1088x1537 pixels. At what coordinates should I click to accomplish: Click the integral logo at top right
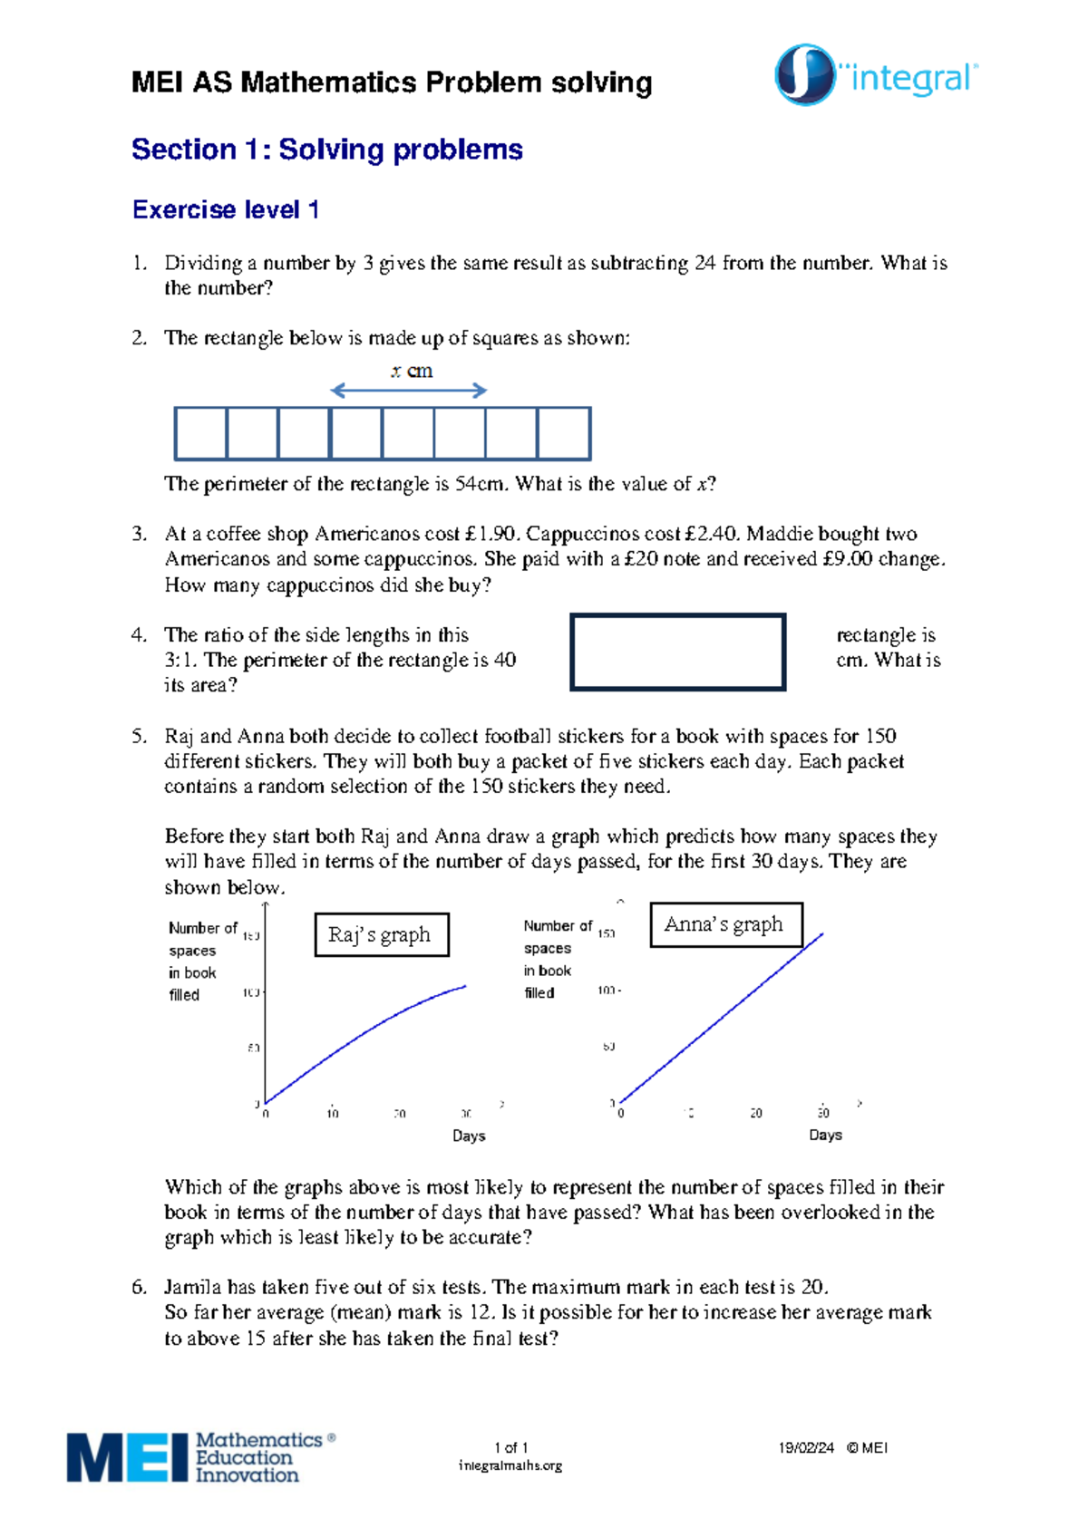pyautogui.click(x=876, y=76)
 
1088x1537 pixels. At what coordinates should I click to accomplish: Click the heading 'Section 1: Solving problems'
pyautogui.click(x=326, y=150)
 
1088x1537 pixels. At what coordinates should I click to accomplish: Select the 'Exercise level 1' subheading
pyautogui.click(x=225, y=210)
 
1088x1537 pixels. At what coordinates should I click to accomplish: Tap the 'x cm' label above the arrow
pyautogui.click(x=412, y=371)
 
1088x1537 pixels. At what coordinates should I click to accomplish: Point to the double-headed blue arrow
pyautogui.click(x=409, y=391)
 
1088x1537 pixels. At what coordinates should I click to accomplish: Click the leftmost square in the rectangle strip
pyautogui.click(x=200, y=434)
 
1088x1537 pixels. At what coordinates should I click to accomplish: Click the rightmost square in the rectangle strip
pyautogui.click(x=564, y=434)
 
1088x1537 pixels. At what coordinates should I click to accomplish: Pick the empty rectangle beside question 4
pyautogui.click(x=677, y=652)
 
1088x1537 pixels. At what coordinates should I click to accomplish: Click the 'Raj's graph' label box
pyautogui.click(x=382, y=934)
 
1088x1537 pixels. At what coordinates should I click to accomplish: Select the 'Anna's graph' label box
pyautogui.click(x=725, y=924)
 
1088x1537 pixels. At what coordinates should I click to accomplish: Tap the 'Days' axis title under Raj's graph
pyautogui.click(x=469, y=1136)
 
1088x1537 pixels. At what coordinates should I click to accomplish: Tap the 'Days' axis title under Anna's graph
pyautogui.click(x=825, y=1135)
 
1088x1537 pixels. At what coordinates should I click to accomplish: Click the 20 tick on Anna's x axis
pyautogui.click(x=756, y=1113)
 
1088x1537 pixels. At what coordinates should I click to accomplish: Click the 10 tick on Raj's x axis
pyautogui.click(x=333, y=1114)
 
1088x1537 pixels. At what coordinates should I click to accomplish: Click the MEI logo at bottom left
pyautogui.click(x=200, y=1456)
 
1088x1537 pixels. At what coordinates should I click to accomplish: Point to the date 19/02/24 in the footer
pyautogui.click(x=805, y=1447)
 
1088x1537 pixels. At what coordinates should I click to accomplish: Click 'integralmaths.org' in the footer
pyautogui.click(x=510, y=1465)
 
